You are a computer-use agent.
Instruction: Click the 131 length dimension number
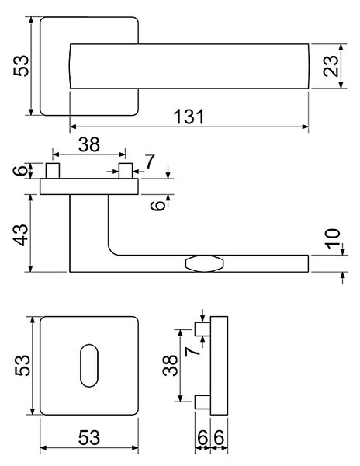(x=189, y=116)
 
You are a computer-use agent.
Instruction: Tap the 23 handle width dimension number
(x=331, y=66)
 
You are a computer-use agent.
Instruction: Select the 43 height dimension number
(x=22, y=235)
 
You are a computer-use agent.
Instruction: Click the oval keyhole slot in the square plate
(x=89, y=366)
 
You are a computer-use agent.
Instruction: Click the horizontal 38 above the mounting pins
(x=89, y=144)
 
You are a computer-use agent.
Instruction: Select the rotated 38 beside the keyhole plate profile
(x=171, y=366)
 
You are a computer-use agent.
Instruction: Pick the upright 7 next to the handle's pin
(x=150, y=162)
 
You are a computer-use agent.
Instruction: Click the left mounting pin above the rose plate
(x=53, y=171)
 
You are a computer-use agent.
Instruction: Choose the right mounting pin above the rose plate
(x=126, y=171)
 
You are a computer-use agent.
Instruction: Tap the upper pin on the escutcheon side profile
(x=202, y=329)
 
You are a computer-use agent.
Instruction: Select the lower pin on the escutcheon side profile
(x=202, y=402)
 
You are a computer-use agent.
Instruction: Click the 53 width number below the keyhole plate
(x=89, y=437)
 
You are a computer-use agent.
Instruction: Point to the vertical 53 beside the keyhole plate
(x=22, y=366)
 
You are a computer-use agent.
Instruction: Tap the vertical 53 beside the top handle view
(x=22, y=66)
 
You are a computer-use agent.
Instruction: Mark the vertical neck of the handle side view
(x=89, y=224)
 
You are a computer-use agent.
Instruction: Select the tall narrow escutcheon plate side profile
(x=220, y=366)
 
